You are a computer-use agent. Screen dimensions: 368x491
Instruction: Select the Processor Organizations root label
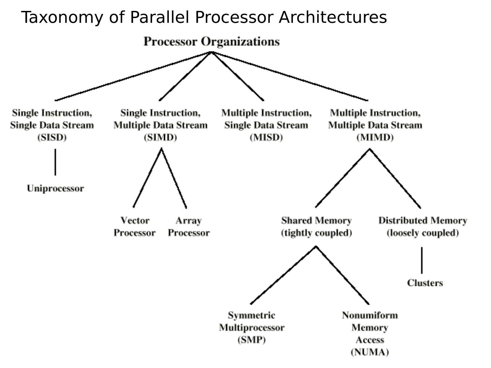211,42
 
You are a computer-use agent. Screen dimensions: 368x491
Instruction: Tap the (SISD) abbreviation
52,137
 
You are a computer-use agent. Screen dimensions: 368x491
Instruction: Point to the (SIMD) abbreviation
160,137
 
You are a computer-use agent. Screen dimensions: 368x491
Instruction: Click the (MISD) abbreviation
266,137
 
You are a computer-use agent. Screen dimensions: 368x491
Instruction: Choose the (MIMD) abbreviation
375,137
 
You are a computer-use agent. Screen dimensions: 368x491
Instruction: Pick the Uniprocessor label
55,188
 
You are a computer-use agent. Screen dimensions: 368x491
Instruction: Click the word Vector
135,220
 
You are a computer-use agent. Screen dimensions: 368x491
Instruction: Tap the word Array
189,220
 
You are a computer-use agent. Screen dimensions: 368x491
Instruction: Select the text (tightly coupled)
316,233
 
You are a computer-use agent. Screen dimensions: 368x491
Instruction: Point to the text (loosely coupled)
422,233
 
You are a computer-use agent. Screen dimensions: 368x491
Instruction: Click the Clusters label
425,283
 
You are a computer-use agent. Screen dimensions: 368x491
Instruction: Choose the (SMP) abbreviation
252,340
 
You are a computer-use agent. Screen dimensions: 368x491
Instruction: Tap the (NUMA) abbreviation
370,352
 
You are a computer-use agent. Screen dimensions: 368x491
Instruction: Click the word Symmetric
252,315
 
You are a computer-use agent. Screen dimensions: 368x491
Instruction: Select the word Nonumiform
370,315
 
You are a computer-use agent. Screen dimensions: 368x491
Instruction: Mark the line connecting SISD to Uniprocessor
55,162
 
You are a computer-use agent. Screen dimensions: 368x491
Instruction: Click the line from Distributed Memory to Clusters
422,260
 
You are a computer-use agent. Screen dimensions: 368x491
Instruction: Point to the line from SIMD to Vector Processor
147,177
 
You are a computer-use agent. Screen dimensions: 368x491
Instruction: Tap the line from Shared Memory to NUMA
342,275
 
